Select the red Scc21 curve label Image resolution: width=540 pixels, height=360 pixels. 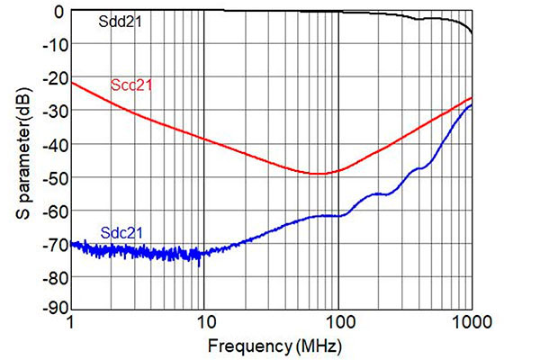click(131, 86)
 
